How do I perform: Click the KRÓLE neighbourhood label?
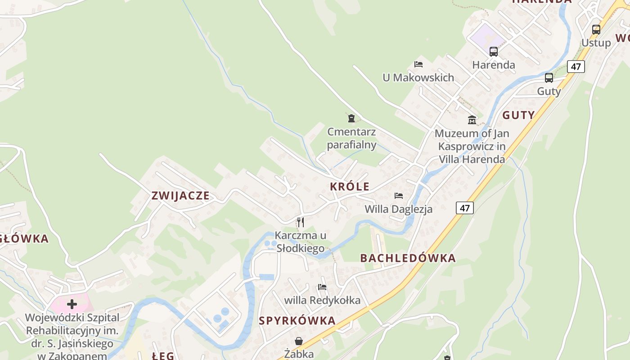pyautogui.click(x=350, y=187)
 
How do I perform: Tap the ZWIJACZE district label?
pyautogui.click(x=180, y=196)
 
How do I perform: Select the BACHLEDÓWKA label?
pyautogui.click(x=408, y=258)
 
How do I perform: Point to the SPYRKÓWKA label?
pyautogui.click(x=297, y=321)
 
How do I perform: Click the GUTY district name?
pyautogui.click(x=518, y=115)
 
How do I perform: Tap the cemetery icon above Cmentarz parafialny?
pyautogui.click(x=351, y=118)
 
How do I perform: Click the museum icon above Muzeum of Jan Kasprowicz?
pyautogui.click(x=472, y=120)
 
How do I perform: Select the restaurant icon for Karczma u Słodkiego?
pyautogui.click(x=300, y=222)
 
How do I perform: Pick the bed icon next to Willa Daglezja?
pyautogui.click(x=398, y=196)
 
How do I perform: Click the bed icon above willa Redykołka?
pyautogui.click(x=322, y=287)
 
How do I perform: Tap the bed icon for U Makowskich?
pyautogui.click(x=418, y=64)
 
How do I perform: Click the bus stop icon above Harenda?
pyautogui.click(x=493, y=52)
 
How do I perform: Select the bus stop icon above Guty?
pyautogui.click(x=549, y=78)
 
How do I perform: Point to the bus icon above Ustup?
pyautogui.click(x=596, y=30)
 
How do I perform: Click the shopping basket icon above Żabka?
pyautogui.click(x=298, y=341)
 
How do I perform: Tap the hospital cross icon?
pyautogui.click(x=72, y=304)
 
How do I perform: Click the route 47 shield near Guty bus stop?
pyautogui.click(x=576, y=67)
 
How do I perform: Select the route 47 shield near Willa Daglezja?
pyautogui.click(x=465, y=208)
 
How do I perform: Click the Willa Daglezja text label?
pyautogui.click(x=398, y=209)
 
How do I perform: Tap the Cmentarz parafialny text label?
pyautogui.click(x=351, y=138)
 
